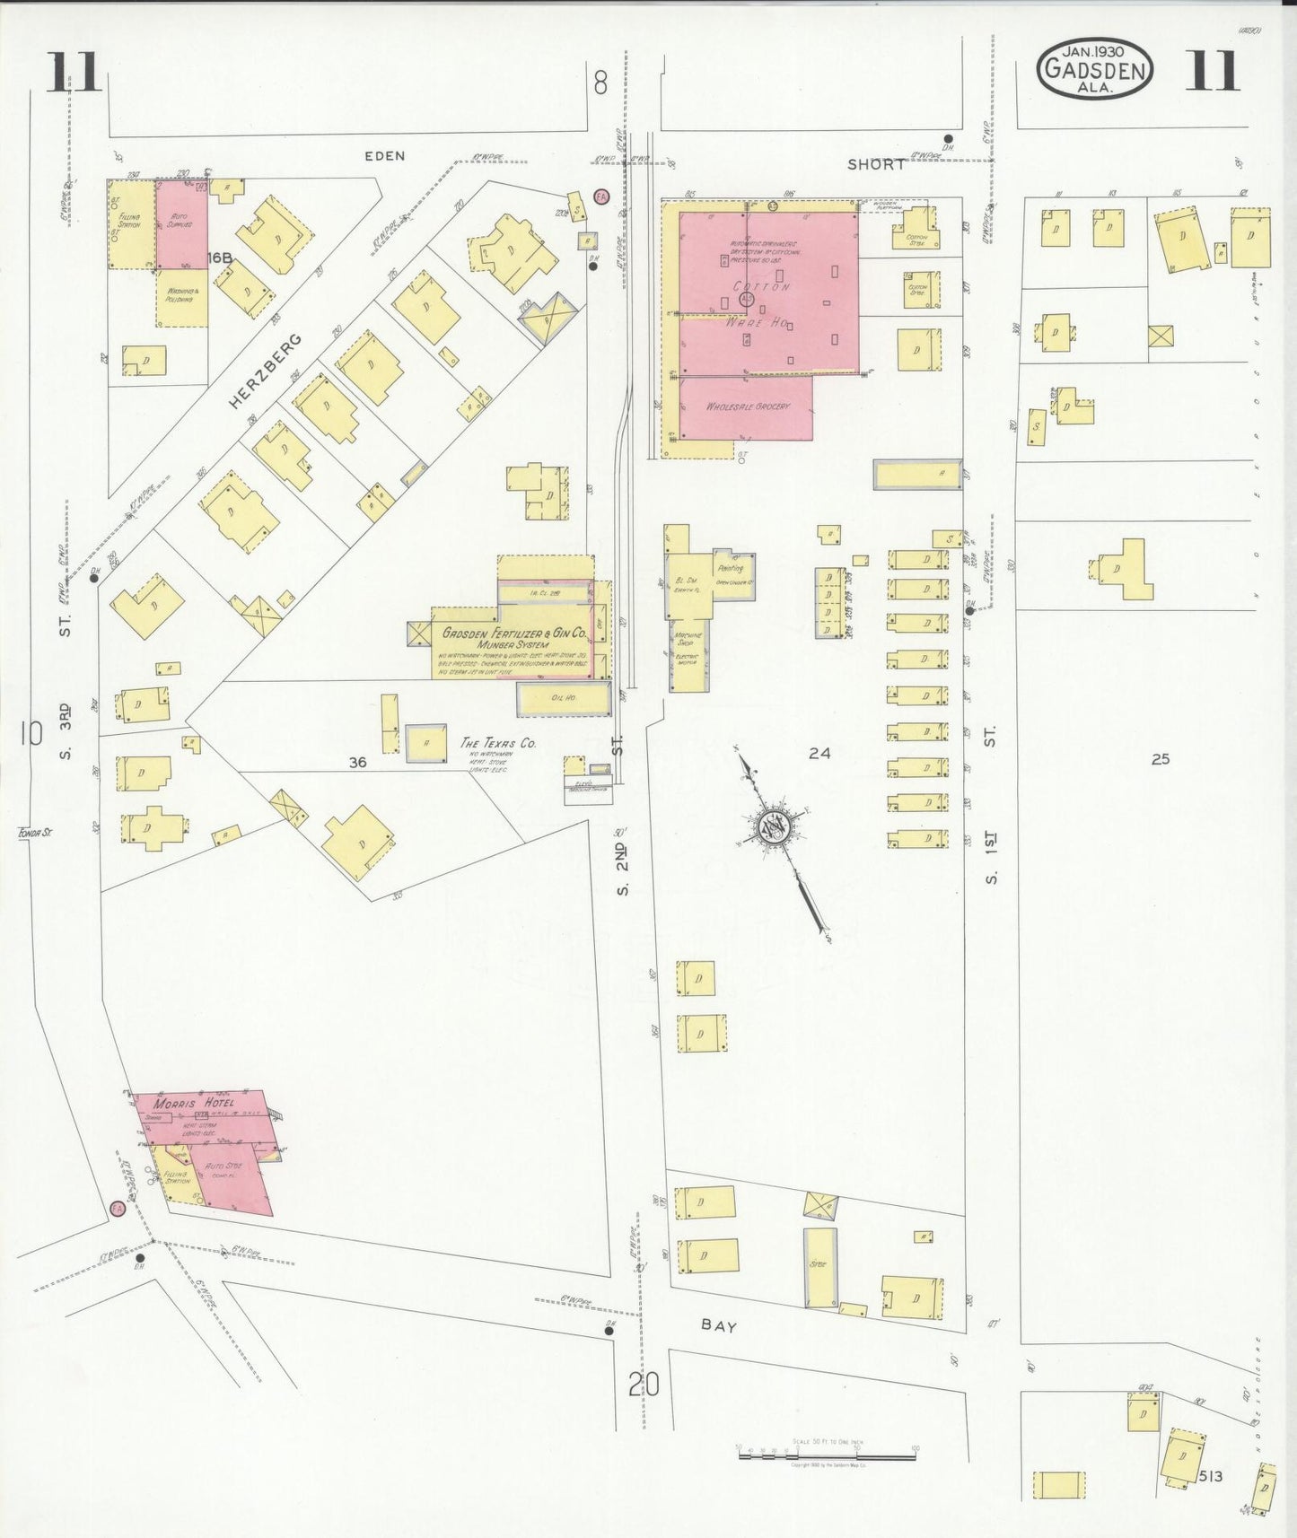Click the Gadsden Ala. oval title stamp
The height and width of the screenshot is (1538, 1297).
click(x=1094, y=69)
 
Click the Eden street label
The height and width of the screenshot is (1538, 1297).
click(x=384, y=155)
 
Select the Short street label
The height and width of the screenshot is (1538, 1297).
click(x=876, y=164)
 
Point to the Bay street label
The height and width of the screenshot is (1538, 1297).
click(x=718, y=1324)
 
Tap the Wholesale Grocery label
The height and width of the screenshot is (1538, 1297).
click(x=748, y=406)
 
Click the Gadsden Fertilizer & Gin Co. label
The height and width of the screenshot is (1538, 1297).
click(x=513, y=634)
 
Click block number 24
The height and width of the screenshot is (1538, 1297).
click(x=819, y=754)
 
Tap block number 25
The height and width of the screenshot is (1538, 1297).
click(x=1160, y=758)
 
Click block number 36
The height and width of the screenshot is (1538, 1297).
click(x=357, y=762)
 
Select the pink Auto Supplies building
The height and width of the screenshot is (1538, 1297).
click(x=182, y=224)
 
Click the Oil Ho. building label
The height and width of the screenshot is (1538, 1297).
click(x=564, y=697)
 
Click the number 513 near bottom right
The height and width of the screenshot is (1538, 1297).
click(x=1209, y=1476)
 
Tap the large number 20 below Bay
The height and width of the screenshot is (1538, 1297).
click(x=644, y=1385)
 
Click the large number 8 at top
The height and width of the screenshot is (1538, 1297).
click(x=600, y=83)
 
